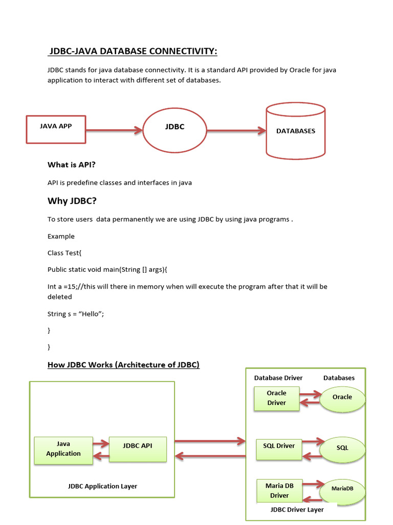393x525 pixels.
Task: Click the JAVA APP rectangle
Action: [56, 129]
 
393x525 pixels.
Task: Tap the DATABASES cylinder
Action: [296, 131]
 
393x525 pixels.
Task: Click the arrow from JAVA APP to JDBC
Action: [114, 130]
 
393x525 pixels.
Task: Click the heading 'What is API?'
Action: [72, 165]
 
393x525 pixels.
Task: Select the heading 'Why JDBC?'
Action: [72, 200]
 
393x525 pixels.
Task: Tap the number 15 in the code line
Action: [70, 287]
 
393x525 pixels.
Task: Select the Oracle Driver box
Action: [276, 398]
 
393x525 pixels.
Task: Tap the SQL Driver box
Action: [279, 446]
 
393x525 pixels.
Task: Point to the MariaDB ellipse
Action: [342, 489]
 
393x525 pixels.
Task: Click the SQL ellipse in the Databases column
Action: [342, 448]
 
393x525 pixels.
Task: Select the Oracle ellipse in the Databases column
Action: [342, 397]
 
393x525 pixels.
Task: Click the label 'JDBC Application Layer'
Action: [102, 486]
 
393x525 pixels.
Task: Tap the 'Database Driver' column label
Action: [278, 378]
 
